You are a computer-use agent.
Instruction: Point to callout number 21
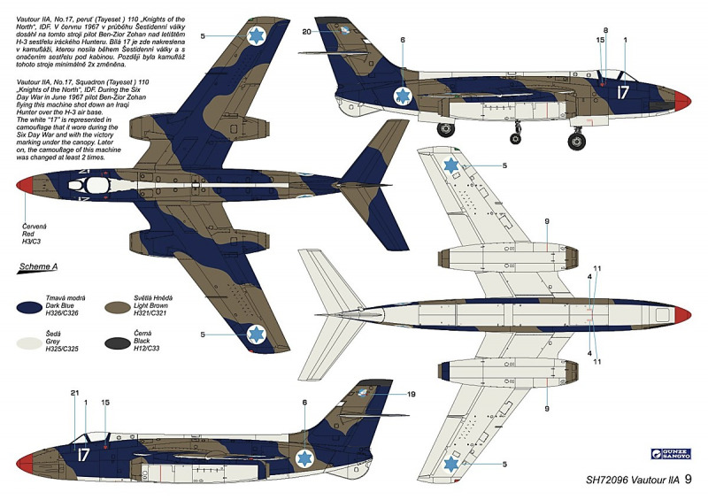[74, 393]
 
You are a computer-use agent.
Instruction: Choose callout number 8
[605, 30]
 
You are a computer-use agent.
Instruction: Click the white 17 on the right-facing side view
[622, 91]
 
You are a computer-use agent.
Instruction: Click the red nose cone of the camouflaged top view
[26, 185]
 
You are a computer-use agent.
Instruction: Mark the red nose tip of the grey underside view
[683, 313]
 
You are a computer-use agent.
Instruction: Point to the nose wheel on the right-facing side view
[578, 141]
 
